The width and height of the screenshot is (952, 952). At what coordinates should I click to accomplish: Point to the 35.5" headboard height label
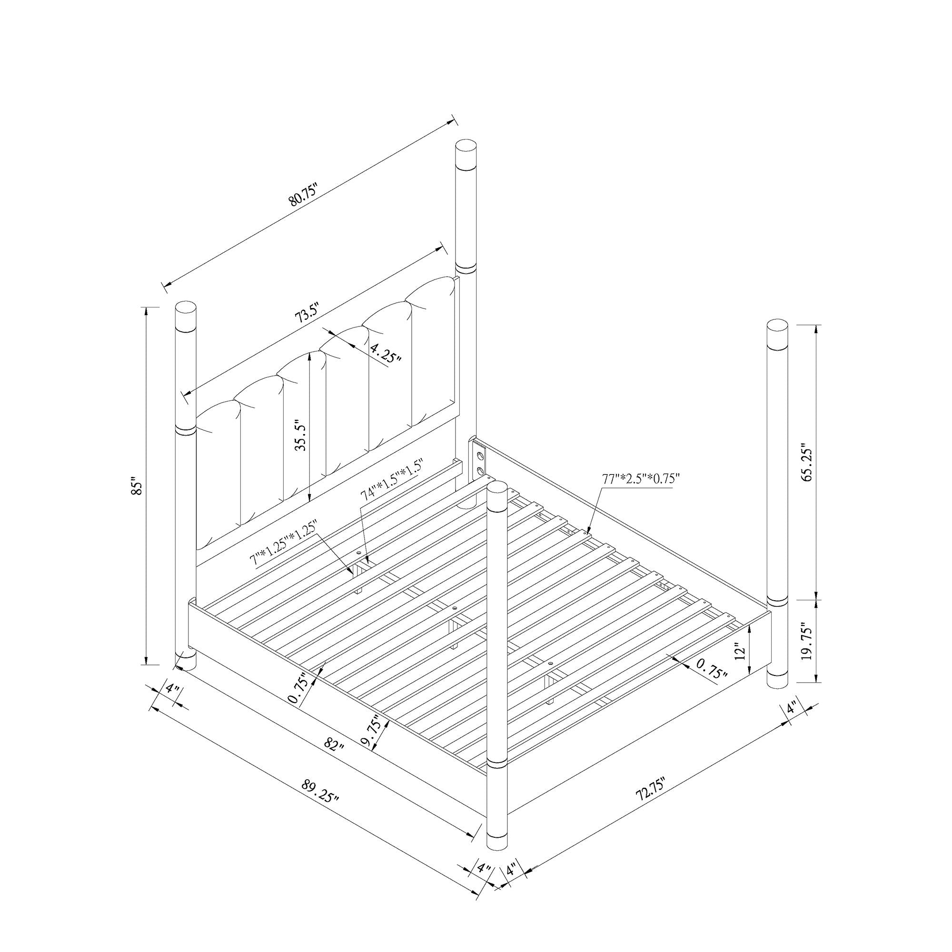(x=300, y=436)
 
